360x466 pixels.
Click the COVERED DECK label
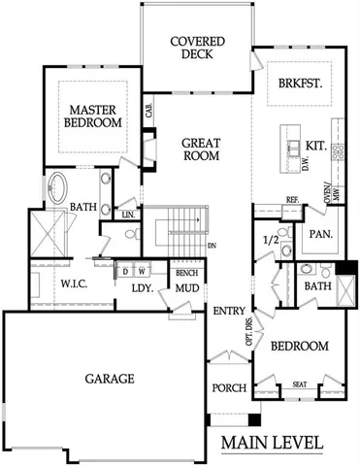point(198,49)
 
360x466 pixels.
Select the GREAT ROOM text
point(202,150)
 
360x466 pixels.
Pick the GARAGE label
point(108,378)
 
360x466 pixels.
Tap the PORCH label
point(229,388)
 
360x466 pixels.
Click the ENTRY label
point(228,311)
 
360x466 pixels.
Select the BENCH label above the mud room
point(186,274)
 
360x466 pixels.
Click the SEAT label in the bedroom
point(300,385)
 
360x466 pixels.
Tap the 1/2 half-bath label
point(271,239)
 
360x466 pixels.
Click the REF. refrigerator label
point(291,200)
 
